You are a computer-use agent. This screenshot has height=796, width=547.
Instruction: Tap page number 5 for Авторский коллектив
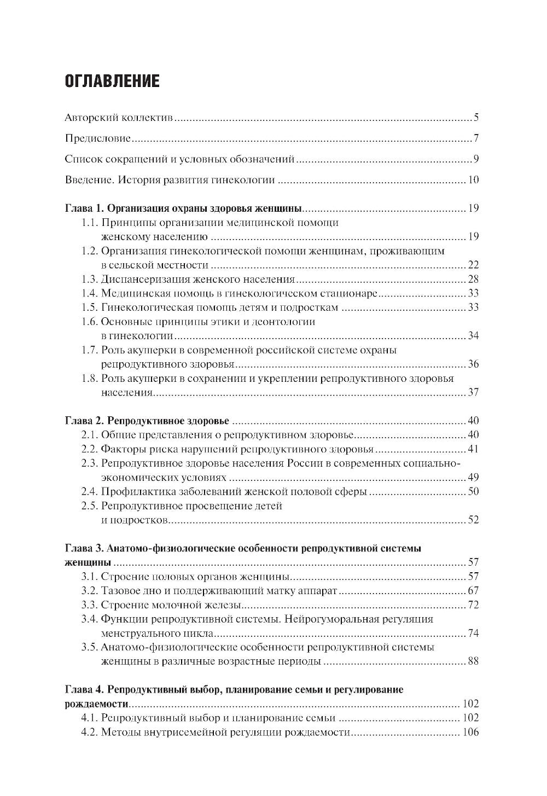click(x=476, y=118)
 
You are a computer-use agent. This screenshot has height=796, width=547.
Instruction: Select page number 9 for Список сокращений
click(x=476, y=159)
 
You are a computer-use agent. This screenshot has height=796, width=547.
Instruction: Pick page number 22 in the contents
click(x=473, y=265)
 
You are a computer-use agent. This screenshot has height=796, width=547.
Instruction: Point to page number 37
click(x=473, y=392)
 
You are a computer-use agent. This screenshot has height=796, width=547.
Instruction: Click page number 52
click(x=473, y=520)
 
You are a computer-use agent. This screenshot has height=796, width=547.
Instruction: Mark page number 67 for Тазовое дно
click(x=473, y=591)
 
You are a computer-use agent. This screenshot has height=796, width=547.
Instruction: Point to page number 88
click(x=473, y=661)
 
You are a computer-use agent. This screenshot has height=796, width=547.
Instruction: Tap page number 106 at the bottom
click(x=470, y=732)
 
